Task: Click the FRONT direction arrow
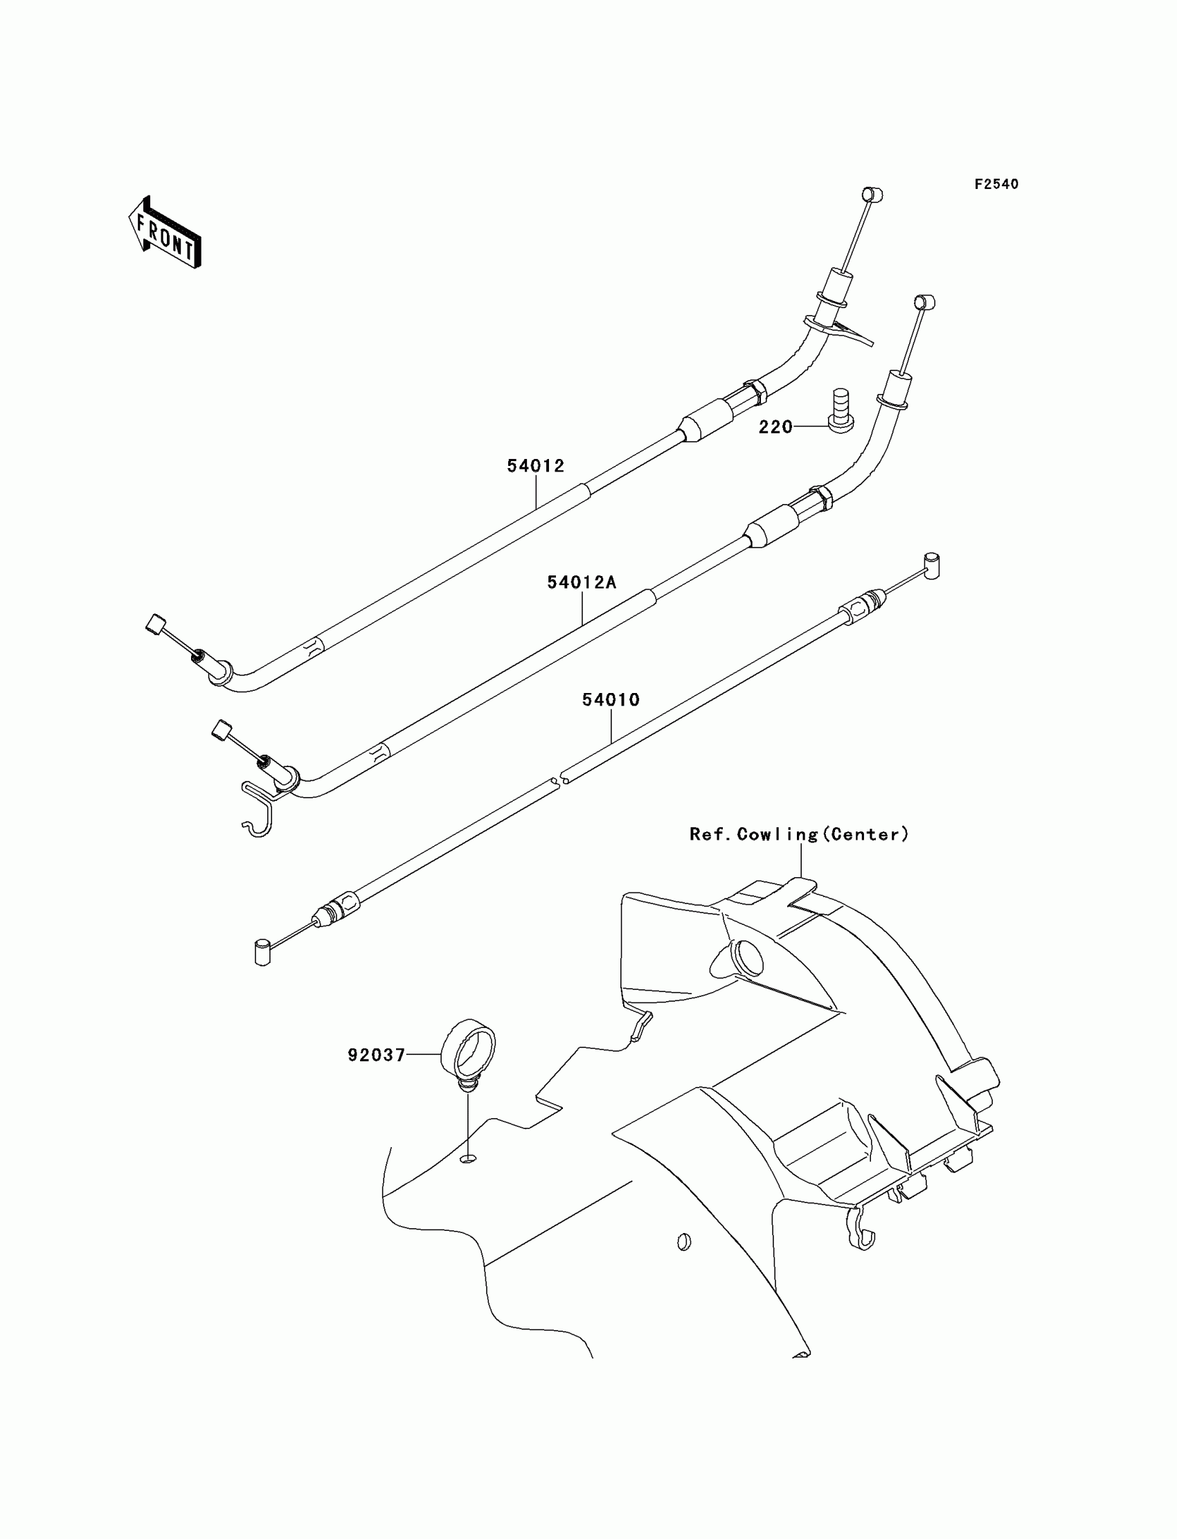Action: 165,233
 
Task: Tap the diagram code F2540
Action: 996,184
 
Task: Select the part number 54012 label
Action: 535,466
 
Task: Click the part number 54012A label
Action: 582,582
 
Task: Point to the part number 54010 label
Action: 611,699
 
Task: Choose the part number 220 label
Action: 775,426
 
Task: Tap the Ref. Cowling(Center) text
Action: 800,834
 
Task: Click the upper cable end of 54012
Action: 871,195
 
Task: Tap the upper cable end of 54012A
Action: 925,302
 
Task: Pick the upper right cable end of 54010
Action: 932,566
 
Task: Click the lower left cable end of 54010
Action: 262,953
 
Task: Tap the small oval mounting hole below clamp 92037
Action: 469,1160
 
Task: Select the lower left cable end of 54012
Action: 156,623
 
